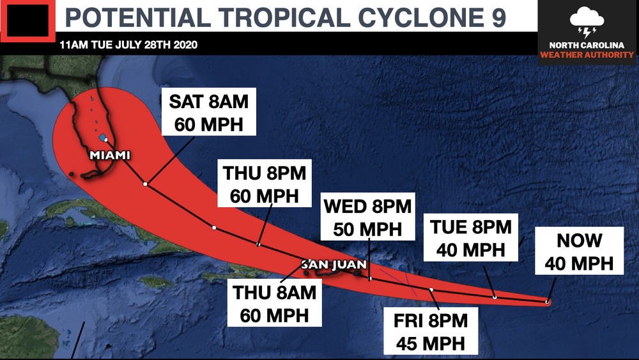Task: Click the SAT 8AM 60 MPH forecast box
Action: pos(208,112)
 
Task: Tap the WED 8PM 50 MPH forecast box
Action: pos(367,217)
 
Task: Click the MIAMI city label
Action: pos(111,155)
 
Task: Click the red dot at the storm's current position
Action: pos(548,301)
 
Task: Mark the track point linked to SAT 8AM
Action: pos(146,184)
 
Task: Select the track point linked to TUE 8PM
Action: pos(495,297)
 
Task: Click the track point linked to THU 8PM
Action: pos(258,244)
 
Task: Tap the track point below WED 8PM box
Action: pos(370,278)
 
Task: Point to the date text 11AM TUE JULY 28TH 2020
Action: pos(128,45)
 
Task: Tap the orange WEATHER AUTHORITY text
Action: pos(587,55)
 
